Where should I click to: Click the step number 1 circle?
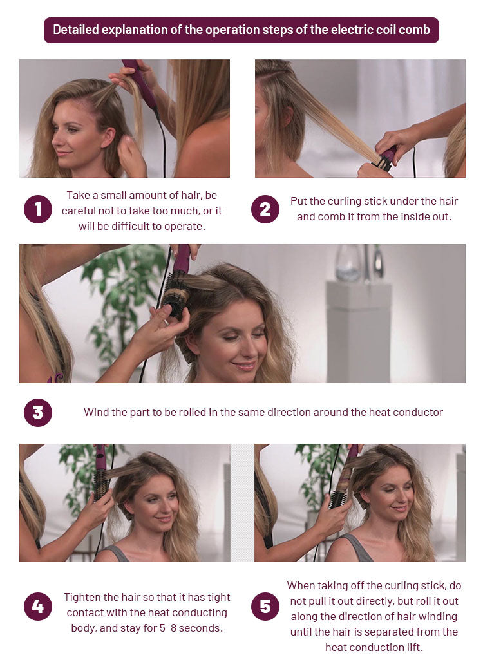[38, 209]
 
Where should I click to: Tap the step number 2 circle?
[265, 209]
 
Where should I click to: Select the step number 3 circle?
[38, 413]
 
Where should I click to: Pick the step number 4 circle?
[38, 607]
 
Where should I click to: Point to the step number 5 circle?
[265, 607]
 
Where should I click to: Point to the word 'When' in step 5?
[300, 585]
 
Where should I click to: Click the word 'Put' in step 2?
[299, 201]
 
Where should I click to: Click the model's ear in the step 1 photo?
[108, 138]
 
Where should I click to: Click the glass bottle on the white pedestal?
[347, 263]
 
